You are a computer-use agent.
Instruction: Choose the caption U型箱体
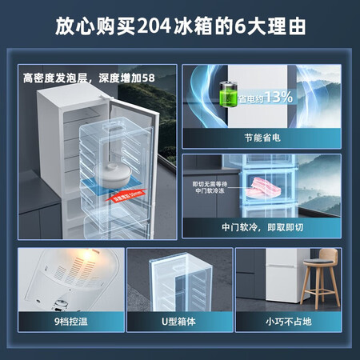click(179, 326)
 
